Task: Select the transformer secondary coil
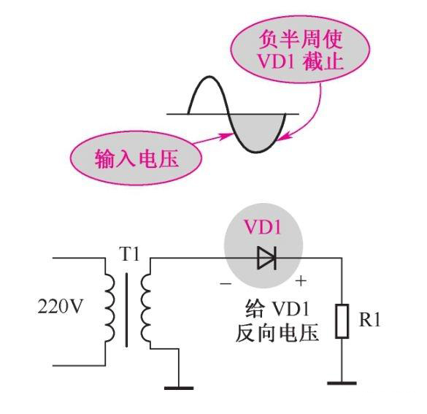point(147,309)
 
